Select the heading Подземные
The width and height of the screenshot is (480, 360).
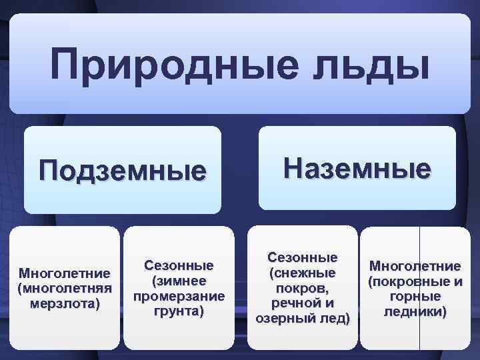123,170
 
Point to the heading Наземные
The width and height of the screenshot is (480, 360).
357,167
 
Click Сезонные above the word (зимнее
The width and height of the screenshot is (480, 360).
179,265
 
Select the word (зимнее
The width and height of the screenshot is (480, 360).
179,280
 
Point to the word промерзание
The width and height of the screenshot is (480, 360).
179,295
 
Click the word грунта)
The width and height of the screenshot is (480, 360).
179,310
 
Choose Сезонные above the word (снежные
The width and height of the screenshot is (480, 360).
303,257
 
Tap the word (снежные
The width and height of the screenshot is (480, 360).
303,273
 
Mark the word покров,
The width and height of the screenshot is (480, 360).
303,288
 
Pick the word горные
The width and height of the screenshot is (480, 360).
415,296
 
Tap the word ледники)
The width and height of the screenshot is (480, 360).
415,311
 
